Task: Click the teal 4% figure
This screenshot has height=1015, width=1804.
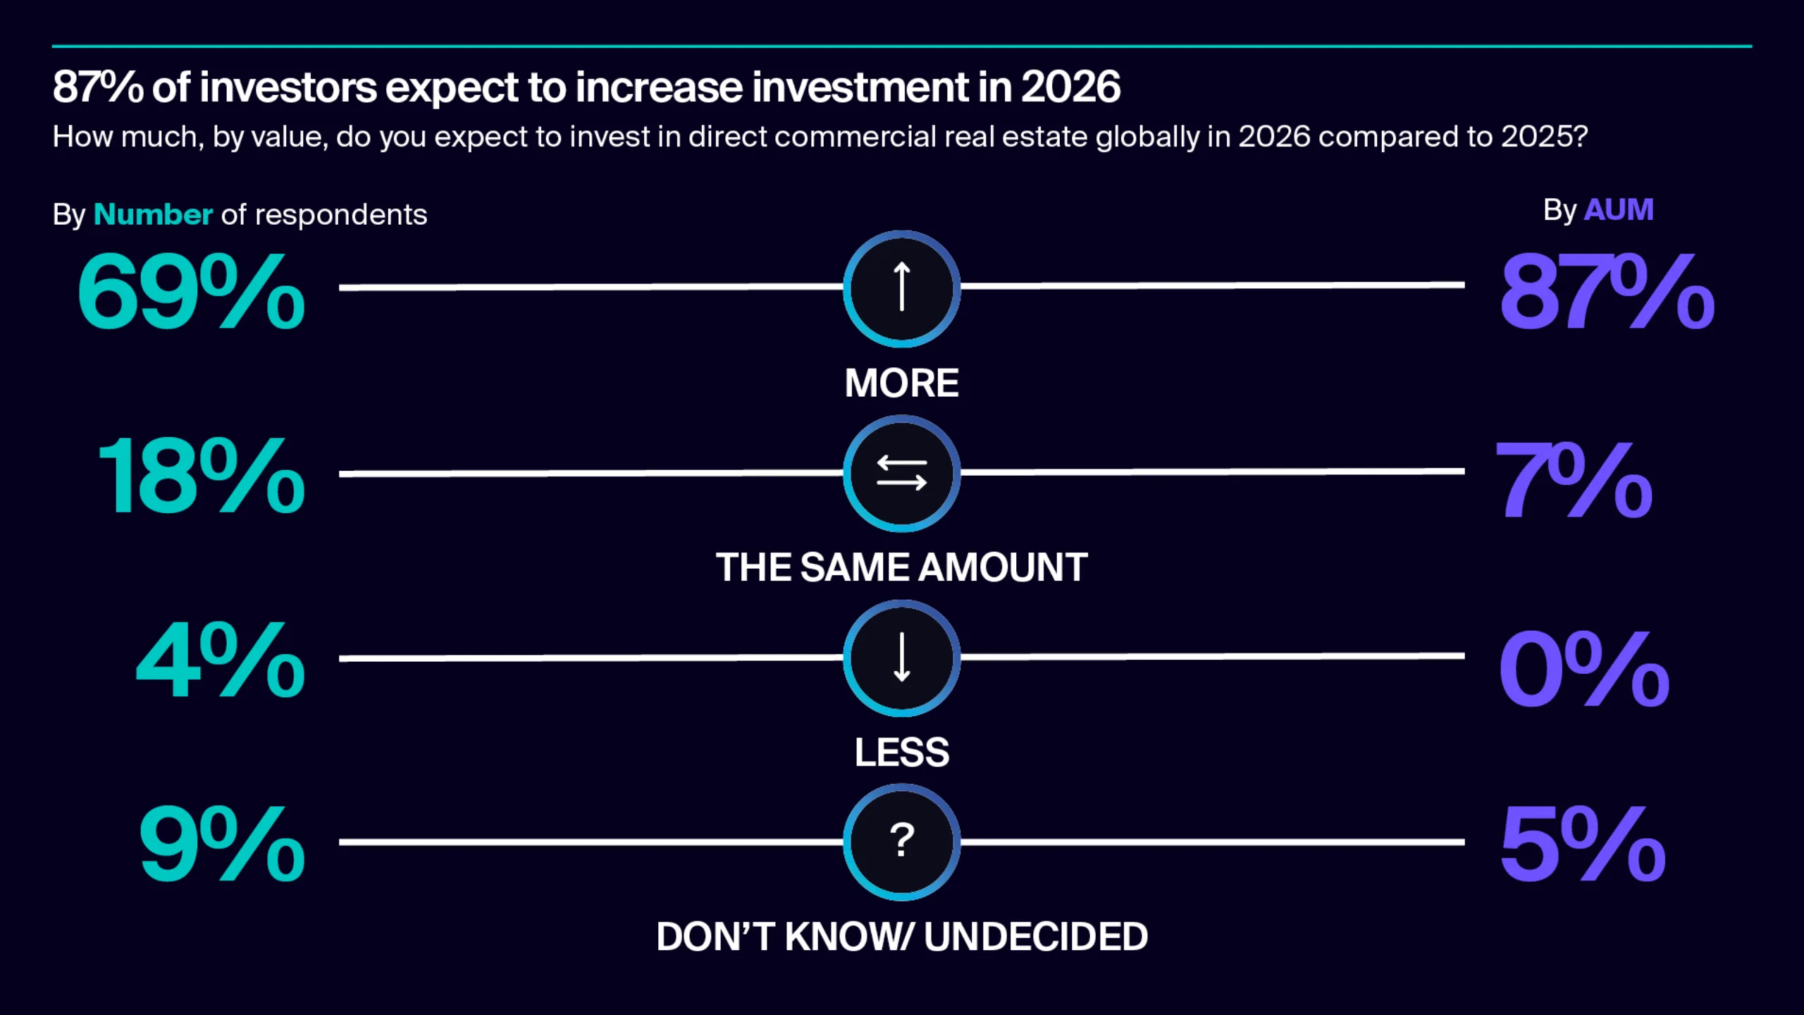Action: pyautogui.click(x=220, y=660)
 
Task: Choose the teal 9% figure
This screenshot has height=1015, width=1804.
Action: pyautogui.click(x=222, y=844)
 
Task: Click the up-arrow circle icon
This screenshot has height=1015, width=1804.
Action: pyautogui.click(x=901, y=288)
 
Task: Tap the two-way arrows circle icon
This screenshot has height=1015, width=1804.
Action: pyautogui.click(x=901, y=473)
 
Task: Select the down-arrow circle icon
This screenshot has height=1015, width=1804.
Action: pyautogui.click(x=901, y=658)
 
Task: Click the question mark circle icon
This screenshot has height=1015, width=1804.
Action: pyautogui.click(x=901, y=842)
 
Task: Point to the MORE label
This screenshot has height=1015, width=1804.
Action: pyautogui.click(x=901, y=383)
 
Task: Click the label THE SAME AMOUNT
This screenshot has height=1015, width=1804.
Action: pyautogui.click(x=901, y=567)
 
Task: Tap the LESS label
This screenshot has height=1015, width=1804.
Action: pyautogui.click(x=901, y=752)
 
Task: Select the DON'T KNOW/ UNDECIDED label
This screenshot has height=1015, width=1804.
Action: pyautogui.click(x=901, y=937)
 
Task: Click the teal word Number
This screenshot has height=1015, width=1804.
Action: pyautogui.click(x=153, y=214)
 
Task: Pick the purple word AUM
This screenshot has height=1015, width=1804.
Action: pyautogui.click(x=1618, y=210)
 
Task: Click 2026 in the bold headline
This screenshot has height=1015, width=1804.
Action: pyautogui.click(x=1070, y=87)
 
